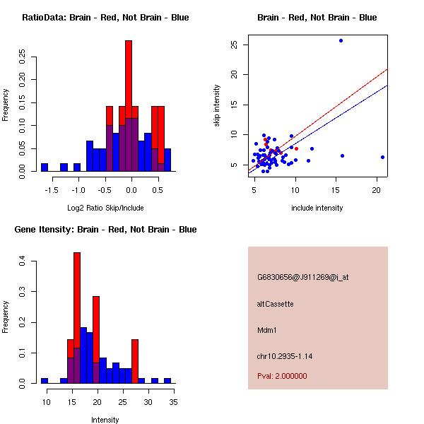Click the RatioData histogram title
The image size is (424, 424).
tap(105, 18)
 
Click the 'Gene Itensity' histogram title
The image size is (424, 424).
tap(105, 230)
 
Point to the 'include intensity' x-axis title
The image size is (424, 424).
tap(317, 208)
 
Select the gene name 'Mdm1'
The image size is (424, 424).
tap(266, 329)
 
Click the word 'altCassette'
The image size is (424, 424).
tap(275, 304)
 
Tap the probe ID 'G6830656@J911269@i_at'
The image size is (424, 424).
tap(302, 277)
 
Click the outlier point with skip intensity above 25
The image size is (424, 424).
tap(341, 40)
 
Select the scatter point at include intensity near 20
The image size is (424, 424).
tap(382, 157)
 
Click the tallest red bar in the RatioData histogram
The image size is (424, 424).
tap(129, 106)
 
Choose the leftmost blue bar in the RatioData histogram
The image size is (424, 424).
tap(45, 167)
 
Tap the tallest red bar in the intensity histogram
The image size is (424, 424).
tap(77, 317)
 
